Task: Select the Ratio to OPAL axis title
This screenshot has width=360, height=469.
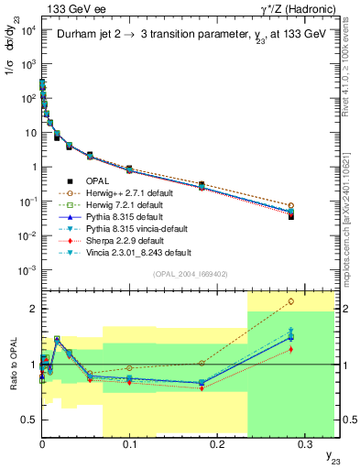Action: (x=13, y=362)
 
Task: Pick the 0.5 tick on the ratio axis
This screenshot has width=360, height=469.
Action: (x=29, y=420)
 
